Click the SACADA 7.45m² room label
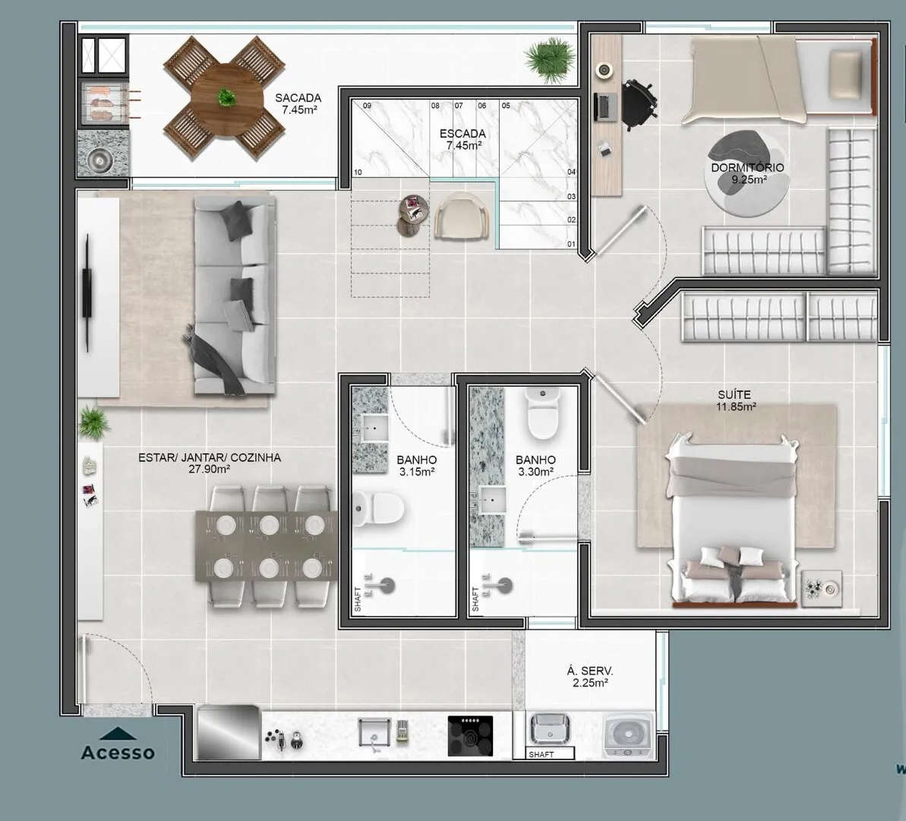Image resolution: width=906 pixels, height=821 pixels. click(298, 103)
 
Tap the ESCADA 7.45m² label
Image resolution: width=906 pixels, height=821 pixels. click(462, 139)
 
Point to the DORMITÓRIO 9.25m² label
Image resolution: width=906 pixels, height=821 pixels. click(748, 173)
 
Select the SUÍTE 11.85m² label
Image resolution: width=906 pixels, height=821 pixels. click(735, 400)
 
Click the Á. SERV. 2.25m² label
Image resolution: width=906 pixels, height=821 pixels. click(590, 677)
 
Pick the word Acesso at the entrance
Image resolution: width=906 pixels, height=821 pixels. click(118, 753)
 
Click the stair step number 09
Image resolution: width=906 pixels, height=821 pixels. click(367, 106)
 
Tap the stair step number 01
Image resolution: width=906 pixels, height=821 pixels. click(571, 245)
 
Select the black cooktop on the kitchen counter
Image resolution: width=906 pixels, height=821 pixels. click(470, 735)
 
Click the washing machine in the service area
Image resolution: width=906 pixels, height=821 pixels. click(628, 734)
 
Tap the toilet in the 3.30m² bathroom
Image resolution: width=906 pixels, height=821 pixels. click(542, 414)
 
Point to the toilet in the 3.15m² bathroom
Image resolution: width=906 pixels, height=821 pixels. click(378, 508)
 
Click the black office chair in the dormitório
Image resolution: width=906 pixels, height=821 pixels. click(639, 103)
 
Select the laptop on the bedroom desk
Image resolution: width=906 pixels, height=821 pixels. click(605, 107)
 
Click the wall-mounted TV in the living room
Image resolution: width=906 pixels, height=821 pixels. click(87, 292)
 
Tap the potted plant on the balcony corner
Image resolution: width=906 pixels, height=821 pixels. click(550, 60)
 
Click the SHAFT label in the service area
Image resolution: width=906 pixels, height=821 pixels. click(541, 755)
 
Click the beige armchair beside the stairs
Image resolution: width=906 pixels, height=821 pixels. click(462, 215)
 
